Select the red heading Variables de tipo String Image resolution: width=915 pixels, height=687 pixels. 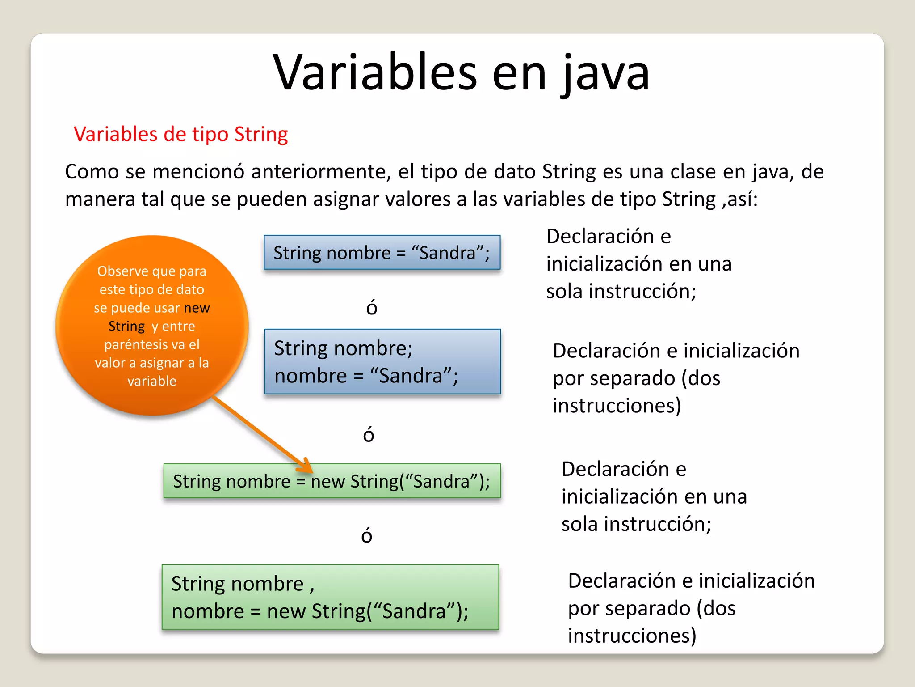[180, 134]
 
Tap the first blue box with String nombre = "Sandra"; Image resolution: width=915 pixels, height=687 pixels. [382, 253]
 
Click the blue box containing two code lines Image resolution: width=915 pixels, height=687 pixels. [382, 361]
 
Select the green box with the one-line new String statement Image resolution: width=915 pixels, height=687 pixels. [332, 481]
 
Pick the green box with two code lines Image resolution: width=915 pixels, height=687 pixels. [330, 597]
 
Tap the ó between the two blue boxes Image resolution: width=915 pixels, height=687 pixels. [372, 308]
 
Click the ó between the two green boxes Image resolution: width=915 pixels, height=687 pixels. [366, 535]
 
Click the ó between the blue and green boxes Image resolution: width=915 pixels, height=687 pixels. [368, 434]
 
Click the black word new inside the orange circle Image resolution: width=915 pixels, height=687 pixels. [197, 308]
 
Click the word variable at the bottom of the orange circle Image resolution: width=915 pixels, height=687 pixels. [152, 381]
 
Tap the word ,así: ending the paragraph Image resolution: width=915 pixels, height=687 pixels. [739, 199]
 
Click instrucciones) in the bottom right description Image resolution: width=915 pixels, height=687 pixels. [632, 636]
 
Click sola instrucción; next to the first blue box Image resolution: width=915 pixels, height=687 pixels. [621, 292]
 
